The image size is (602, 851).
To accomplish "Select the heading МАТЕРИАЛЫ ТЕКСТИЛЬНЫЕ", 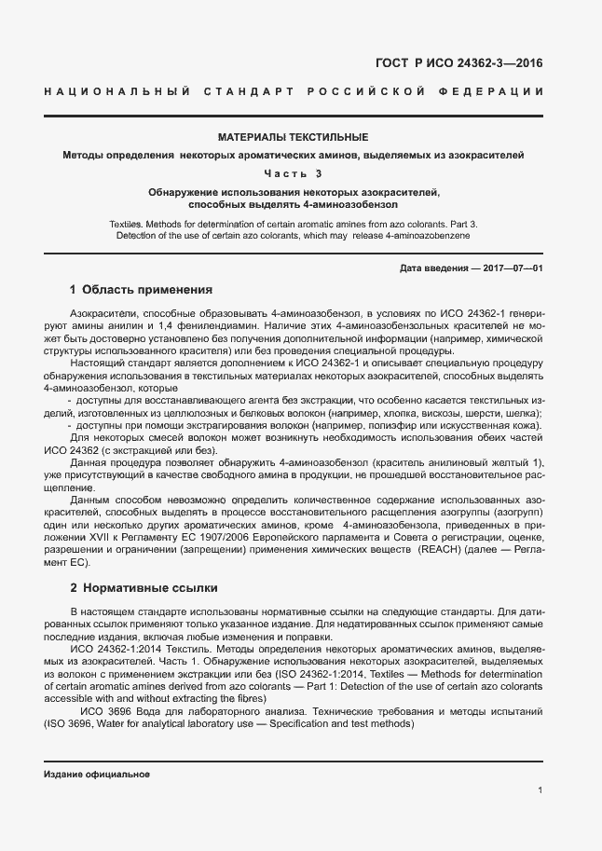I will coord(293,136).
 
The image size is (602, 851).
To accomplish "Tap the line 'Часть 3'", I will coord(293,172).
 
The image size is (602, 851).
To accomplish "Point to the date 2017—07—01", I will coord(511,268).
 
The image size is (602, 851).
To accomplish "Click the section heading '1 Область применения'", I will coord(142,290).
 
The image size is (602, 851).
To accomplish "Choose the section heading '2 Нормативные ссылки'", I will coord(144,588).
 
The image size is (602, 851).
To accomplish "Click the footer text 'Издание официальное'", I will coord(97,775).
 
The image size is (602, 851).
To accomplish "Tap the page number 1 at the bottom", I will coord(540,790).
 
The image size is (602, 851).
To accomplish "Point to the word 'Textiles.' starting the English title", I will coord(131,225).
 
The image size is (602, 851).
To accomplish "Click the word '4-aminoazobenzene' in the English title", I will coord(432,236).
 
